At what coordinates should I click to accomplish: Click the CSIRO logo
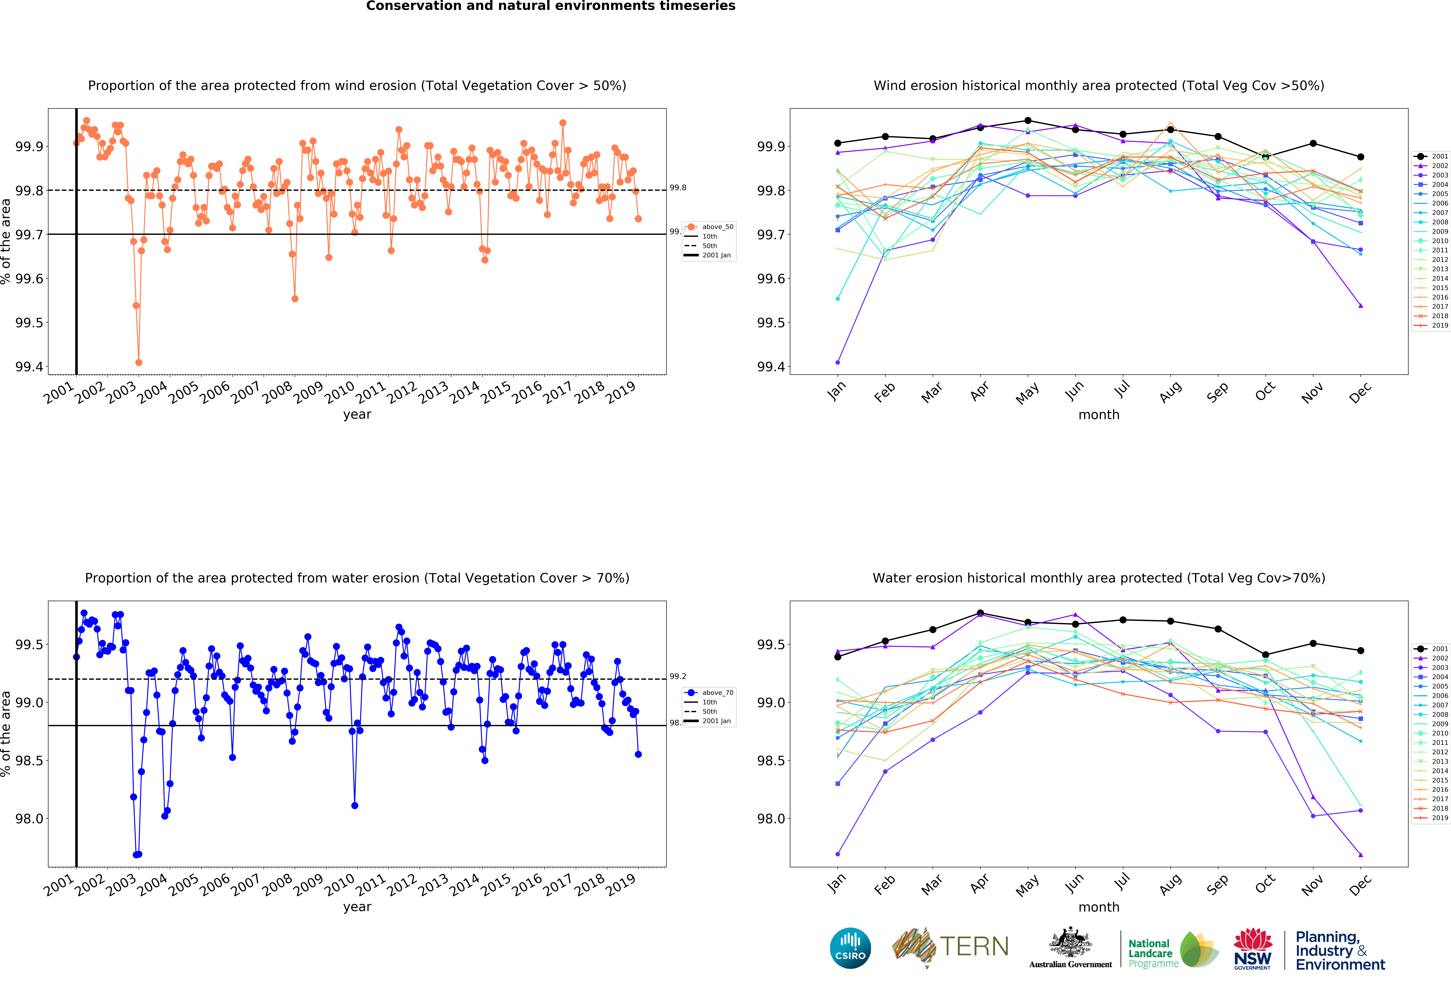point(850,948)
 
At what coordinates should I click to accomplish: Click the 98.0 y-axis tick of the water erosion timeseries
point(29,819)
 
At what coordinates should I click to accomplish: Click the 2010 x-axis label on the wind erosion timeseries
point(340,392)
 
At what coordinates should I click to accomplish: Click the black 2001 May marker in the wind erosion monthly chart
point(1028,121)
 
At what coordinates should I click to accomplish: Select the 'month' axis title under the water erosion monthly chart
point(1099,907)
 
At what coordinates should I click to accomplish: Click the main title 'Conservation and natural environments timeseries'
point(551,6)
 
